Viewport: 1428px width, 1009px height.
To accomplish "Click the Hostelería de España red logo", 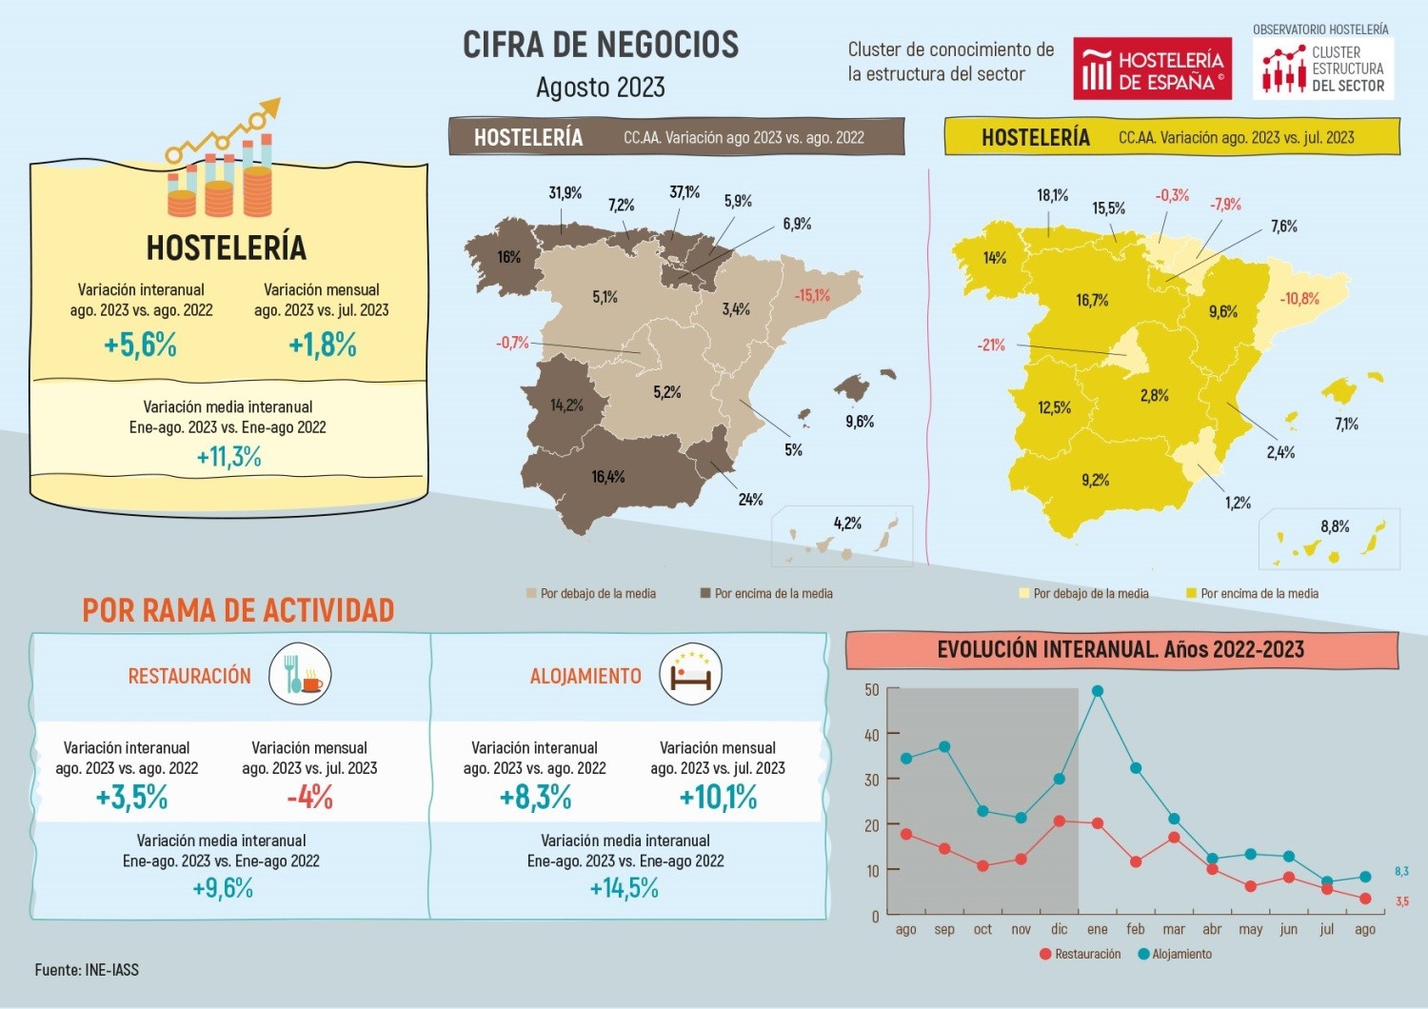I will click(1152, 69).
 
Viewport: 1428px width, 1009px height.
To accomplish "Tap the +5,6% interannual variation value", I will click(140, 345).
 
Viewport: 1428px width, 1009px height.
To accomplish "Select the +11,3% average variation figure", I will click(228, 457).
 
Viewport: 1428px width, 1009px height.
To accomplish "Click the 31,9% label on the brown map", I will click(565, 193).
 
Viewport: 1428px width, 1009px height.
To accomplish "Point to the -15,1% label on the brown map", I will click(812, 295).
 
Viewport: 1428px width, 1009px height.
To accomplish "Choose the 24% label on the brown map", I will click(750, 500).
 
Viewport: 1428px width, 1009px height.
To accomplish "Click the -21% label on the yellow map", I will click(991, 345).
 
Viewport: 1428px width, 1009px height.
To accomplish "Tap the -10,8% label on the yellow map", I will click(1299, 299).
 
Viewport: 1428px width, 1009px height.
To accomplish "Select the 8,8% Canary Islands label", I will click(1335, 526).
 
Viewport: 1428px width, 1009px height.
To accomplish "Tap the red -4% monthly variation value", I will click(310, 797).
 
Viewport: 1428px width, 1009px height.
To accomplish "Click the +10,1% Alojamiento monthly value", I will click(718, 797).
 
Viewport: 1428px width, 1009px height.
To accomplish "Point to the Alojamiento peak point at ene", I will click(1098, 692).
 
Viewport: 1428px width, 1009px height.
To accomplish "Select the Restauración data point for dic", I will click(1060, 821).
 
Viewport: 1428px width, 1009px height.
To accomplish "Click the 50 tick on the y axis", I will click(871, 689).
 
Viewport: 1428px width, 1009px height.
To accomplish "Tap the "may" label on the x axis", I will click(1250, 930).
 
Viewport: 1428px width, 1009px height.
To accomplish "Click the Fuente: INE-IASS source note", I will click(87, 970).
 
